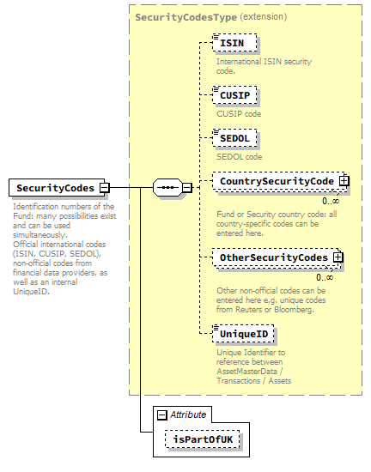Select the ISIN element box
[x=235, y=44]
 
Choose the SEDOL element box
[x=238, y=137]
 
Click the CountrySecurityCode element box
[x=276, y=181]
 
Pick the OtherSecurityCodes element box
[x=273, y=257]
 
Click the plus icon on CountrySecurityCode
[x=344, y=181]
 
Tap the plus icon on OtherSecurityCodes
[x=338, y=257]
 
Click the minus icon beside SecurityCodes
[x=104, y=188]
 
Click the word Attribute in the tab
[x=188, y=415]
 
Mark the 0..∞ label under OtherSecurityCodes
[x=325, y=277]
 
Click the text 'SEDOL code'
[x=240, y=157]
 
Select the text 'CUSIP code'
[x=240, y=113]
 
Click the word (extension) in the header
[x=263, y=16]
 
